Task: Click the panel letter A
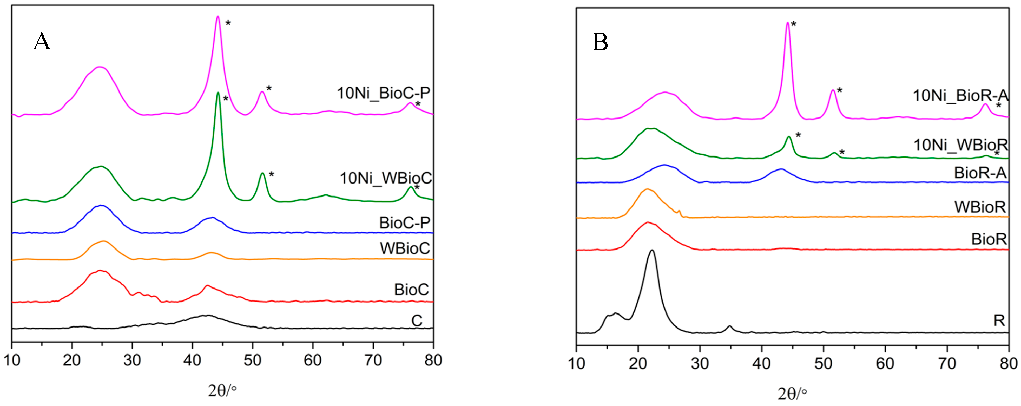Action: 42,42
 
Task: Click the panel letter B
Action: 600,42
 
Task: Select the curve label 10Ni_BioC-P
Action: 383,93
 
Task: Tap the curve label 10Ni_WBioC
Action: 385,178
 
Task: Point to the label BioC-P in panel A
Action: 404,223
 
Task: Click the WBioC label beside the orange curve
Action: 405,248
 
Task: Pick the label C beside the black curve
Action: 417,320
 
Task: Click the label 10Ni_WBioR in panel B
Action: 960,145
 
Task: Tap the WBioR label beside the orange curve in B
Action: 980,207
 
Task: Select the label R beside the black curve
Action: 999,320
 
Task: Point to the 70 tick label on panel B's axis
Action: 947,363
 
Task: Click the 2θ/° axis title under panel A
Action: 222,391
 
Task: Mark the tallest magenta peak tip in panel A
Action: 218,17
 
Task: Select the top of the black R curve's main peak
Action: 652,250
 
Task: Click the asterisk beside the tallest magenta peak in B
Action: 794,25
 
